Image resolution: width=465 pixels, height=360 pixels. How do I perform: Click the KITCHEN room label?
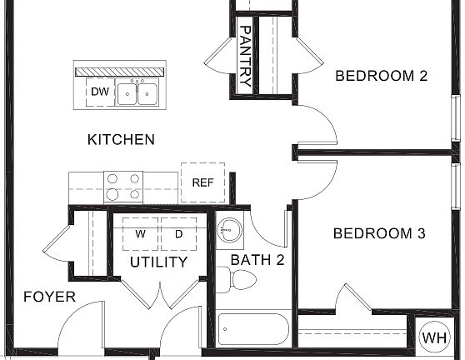coord(121,140)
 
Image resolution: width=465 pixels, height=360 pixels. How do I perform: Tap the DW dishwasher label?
coord(100,92)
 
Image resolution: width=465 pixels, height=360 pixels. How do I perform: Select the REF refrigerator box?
coord(202,182)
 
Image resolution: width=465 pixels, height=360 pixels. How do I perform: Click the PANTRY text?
coord(245,56)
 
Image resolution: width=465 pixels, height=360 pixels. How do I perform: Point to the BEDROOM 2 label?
coord(381,76)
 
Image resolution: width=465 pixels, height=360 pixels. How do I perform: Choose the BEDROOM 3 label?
coord(373,233)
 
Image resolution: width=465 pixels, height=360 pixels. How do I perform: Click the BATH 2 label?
coord(257,260)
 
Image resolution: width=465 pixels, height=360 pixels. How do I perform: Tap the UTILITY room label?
coord(158,262)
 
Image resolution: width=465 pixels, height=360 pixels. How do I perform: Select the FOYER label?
coord(49,297)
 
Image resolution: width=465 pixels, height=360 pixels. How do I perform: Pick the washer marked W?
coord(141,234)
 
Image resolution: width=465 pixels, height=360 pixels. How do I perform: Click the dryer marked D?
coord(177,234)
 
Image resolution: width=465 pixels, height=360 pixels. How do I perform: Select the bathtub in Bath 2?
coord(253,328)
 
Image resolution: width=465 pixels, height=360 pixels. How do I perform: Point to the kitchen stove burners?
coord(123,187)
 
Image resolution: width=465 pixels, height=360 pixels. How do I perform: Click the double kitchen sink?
coord(138,92)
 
